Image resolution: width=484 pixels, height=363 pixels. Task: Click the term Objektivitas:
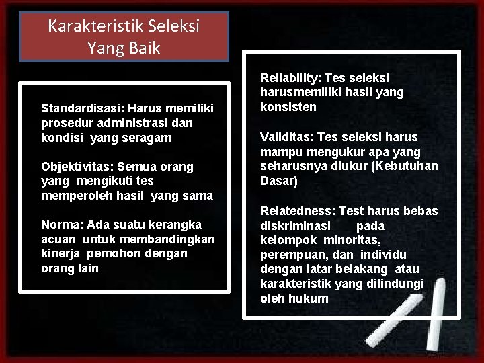pyautogui.click(x=74, y=166)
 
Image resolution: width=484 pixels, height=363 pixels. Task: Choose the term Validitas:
pyautogui.click(x=288, y=137)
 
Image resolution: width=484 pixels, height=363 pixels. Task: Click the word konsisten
pyautogui.click(x=288, y=108)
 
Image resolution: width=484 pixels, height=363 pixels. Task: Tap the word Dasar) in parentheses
pyautogui.click(x=278, y=182)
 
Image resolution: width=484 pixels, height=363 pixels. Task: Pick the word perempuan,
pyautogui.click(x=290, y=255)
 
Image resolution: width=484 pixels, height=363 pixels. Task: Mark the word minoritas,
pyautogui.click(x=352, y=241)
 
